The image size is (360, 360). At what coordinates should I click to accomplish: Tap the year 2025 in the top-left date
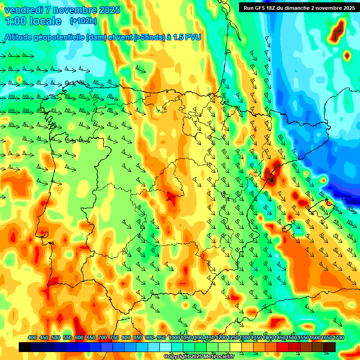click(109, 10)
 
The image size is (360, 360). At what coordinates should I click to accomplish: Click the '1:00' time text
click(15, 21)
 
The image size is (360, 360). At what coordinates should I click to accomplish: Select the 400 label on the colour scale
click(32, 338)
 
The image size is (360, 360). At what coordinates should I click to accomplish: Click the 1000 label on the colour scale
click(174, 338)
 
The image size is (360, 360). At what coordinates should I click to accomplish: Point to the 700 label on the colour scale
click(103, 338)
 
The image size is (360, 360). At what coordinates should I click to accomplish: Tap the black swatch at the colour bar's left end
click(25, 347)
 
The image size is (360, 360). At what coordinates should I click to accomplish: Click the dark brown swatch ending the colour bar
click(330, 347)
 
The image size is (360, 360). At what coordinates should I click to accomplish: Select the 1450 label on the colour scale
click(280, 338)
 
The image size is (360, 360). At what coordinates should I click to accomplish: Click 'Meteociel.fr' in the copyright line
click(218, 357)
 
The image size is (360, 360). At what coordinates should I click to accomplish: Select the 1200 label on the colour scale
click(221, 338)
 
